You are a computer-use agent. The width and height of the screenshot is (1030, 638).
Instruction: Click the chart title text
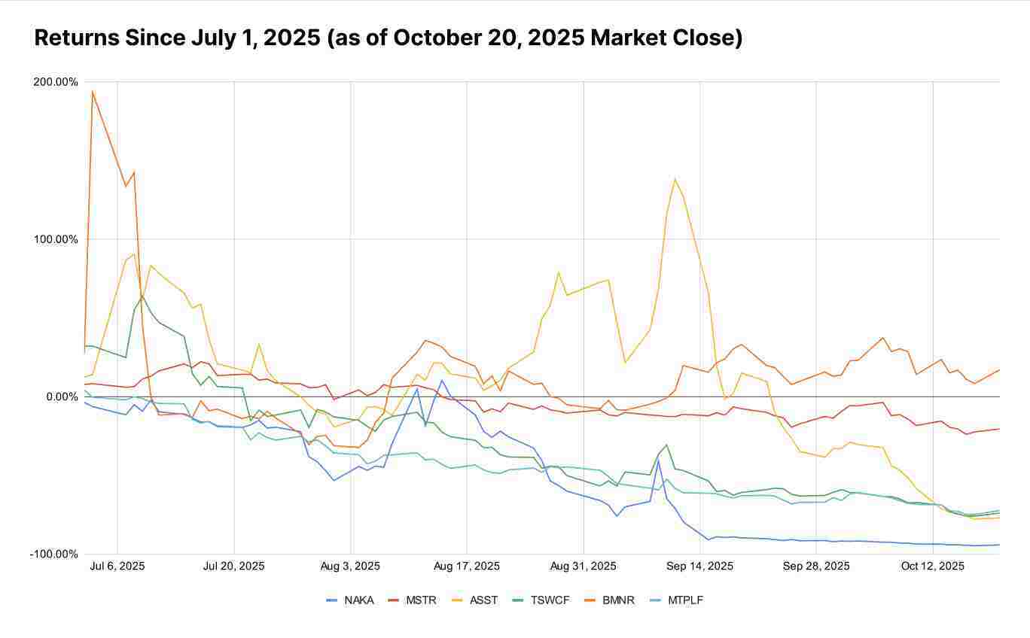[389, 38]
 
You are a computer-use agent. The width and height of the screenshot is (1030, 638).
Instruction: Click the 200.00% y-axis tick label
[56, 82]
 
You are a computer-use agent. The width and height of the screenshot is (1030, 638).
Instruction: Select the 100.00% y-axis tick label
[56, 239]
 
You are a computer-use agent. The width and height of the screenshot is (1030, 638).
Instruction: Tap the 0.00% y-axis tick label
[61, 396]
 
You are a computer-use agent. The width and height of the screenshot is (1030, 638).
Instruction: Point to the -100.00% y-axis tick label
[53, 554]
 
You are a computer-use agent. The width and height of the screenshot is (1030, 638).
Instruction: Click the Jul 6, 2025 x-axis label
[117, 566]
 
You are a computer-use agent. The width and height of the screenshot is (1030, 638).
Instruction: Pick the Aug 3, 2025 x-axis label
[350, 566]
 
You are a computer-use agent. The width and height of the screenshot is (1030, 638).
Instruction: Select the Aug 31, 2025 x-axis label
[583, 566]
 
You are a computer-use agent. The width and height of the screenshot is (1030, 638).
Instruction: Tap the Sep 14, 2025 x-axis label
[699, 566]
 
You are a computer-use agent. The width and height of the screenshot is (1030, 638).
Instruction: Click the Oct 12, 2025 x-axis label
[932, 566]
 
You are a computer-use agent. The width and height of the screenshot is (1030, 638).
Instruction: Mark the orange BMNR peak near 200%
[92, 92]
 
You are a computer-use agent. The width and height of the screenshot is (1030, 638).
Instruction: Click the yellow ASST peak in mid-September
[675, 178]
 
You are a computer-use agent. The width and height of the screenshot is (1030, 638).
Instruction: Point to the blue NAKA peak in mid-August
[442, 380]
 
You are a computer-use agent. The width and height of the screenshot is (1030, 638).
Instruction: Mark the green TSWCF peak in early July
[142, 295]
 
